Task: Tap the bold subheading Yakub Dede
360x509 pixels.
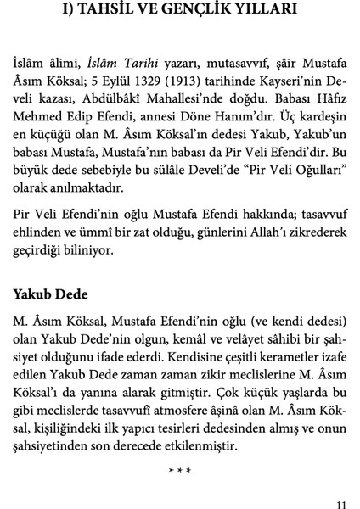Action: coord(52,297)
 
